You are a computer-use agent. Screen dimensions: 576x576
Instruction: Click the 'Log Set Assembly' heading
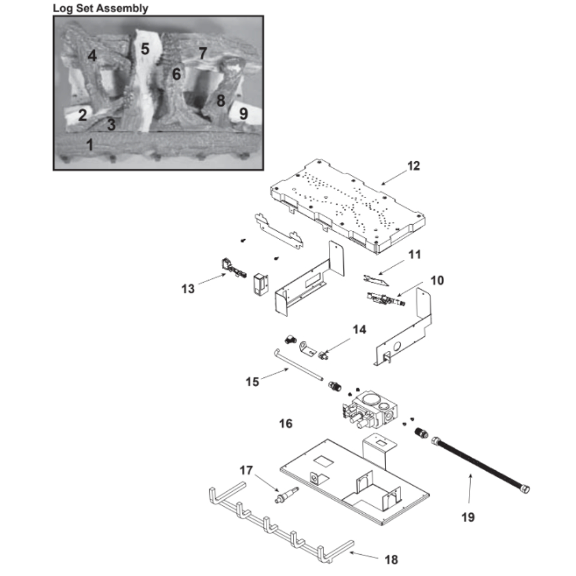(x=100, y=8)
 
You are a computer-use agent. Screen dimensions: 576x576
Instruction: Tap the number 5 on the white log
(x=145, y=49)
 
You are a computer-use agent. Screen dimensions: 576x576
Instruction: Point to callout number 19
(x=468, y=517)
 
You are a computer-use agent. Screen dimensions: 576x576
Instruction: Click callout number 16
(x=286, y=424)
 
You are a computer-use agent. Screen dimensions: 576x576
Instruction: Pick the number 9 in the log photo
(x=243, y=113)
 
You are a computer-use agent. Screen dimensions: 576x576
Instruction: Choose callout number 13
(x=188, y=289)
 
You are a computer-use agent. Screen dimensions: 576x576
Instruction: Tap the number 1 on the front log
(x=90, y=144)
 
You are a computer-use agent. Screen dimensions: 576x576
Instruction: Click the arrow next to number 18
(x=366, y=555)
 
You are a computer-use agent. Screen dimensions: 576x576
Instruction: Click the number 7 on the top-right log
(x=202, y=54)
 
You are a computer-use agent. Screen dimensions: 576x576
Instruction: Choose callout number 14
(x=359, y=330)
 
